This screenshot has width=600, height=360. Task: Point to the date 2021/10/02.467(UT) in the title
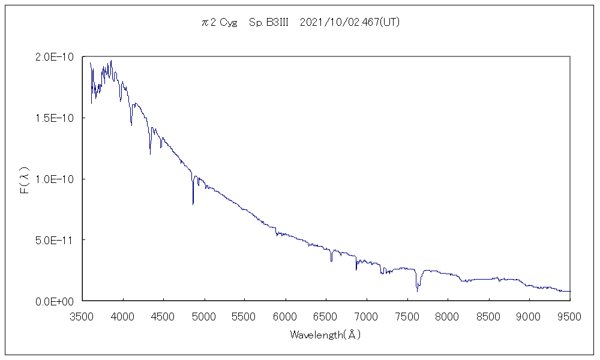tap(349, 23)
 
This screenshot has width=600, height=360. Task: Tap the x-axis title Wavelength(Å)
tap(325, 335)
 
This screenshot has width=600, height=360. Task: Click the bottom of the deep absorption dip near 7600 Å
tap(417, 291)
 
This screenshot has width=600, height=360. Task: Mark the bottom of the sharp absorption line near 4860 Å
tap(193, 204)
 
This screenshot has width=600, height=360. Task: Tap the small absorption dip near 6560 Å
tap(331, 260)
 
